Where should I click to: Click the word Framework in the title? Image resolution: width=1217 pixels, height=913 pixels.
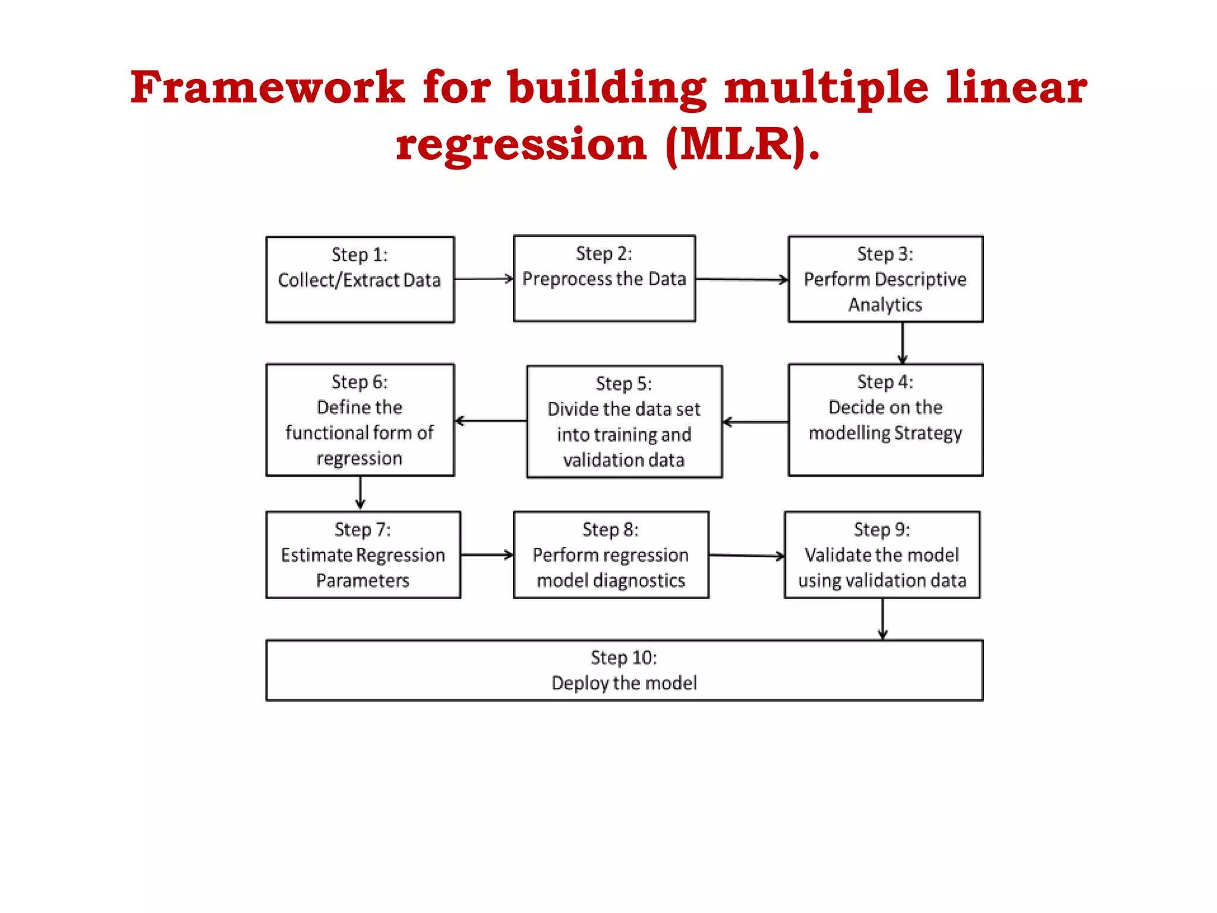267,87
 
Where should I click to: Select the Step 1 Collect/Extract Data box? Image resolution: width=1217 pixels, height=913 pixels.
360,279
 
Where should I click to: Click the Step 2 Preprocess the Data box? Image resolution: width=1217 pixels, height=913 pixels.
604,278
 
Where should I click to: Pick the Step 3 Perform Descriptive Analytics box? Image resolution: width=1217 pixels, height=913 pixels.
885,279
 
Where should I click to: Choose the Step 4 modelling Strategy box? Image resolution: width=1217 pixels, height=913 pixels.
885,420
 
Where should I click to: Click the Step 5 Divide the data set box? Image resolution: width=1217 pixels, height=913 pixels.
624,421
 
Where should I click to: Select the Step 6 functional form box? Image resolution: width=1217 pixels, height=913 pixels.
360,420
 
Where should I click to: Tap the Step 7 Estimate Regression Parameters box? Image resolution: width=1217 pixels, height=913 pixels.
363,555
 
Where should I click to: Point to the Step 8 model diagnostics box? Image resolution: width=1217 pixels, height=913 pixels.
611,555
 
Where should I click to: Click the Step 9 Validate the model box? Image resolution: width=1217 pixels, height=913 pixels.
882,555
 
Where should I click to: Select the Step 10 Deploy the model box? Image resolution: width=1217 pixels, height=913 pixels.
624,670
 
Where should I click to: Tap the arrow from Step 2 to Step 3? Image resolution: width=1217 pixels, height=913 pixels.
742,279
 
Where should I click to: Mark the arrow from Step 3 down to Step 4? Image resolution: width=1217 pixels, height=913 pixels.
903,343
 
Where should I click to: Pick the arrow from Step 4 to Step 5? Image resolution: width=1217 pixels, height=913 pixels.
755,422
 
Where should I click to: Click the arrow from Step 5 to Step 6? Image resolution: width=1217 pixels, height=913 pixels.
490,421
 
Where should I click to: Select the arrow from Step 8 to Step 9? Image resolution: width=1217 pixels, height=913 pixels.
747,556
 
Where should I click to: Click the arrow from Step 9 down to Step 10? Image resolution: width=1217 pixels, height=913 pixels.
882,619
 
